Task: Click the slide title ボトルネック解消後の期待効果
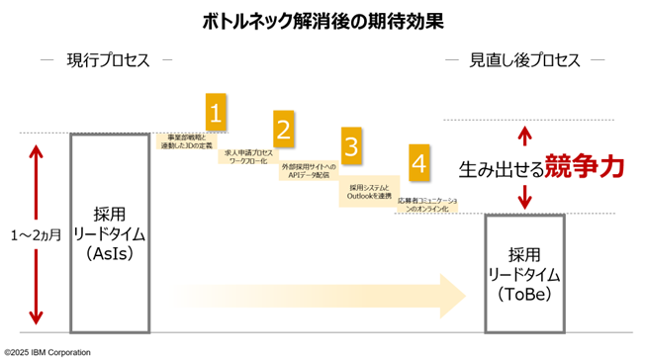pyautogui.click(x=322, y=20)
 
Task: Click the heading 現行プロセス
pyautogui.click(x=109, y=60)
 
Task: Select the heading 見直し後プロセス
pyautogui.click(x=524, y=60)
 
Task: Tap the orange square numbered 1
pyautogui.click(x=218, y=111)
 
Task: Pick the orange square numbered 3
pyautogui.click(x=351, y=145)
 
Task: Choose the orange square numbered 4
pyautogui.click(x=419, y=163)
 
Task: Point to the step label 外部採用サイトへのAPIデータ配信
pyautogui.click(x=309, y=173)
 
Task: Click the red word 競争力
pyautogui.click(x=586, y=167)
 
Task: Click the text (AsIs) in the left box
pyautogui.click(x=109, y=255)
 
